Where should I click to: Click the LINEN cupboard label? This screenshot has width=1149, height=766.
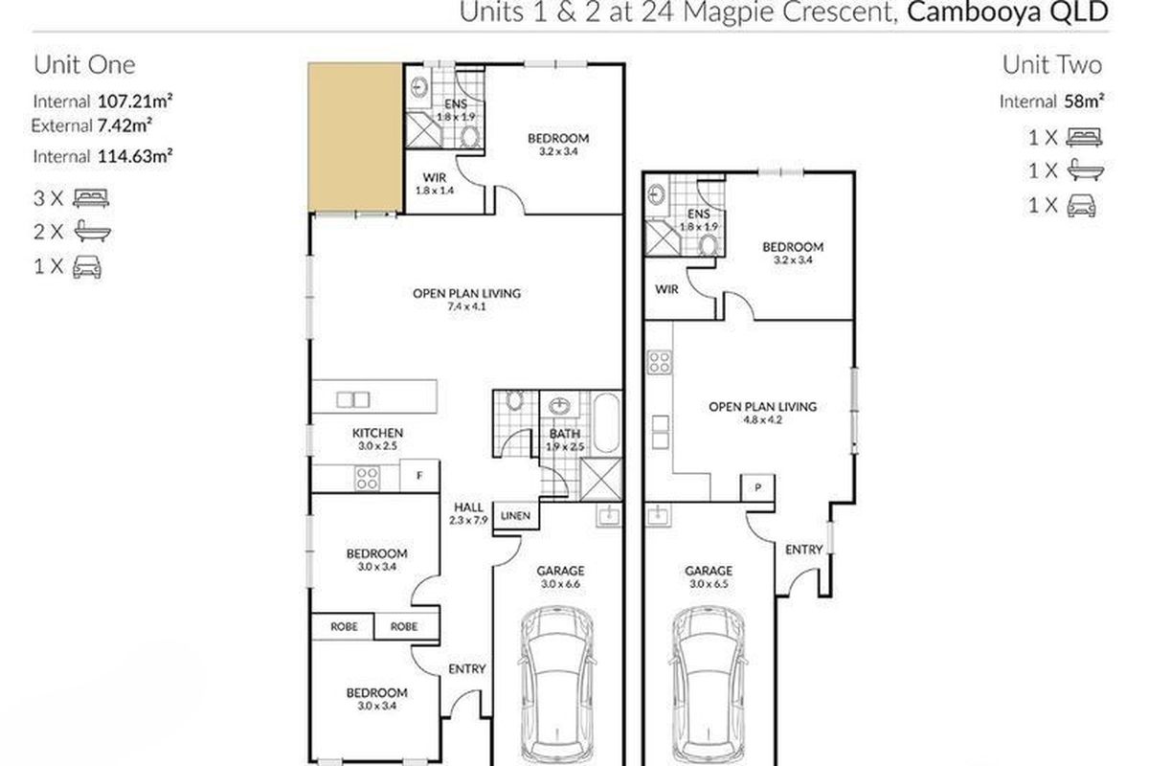coord(515,516)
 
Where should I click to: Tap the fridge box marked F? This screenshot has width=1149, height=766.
coord(419,476)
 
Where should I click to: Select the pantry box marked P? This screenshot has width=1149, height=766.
coord(757,487)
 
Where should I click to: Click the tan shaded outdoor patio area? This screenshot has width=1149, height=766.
coord(355,137)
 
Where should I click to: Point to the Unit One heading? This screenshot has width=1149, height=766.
coord(84,65)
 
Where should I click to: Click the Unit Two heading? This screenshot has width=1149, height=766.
coord(1052,65)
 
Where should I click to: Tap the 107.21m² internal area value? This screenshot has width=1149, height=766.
coord(135,101)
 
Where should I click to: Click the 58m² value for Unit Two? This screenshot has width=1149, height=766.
coord(1084,101)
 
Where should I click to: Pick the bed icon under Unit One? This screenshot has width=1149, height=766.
coord(91,198)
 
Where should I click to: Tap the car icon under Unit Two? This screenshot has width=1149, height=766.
coord(1081,206)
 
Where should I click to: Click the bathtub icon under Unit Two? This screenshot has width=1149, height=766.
coord(1086,170)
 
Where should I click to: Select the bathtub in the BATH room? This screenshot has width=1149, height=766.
coord(606,423)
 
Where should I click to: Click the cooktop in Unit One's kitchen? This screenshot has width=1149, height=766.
coord(368,478)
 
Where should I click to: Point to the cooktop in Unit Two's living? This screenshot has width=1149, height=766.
coord(659,362)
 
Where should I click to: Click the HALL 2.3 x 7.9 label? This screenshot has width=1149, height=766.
coord(468,513)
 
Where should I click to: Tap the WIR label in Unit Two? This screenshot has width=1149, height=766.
coord(666,289)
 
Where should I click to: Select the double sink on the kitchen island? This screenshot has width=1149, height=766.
coord(353,399)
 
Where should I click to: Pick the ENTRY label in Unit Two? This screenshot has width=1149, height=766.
coord(803,550)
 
